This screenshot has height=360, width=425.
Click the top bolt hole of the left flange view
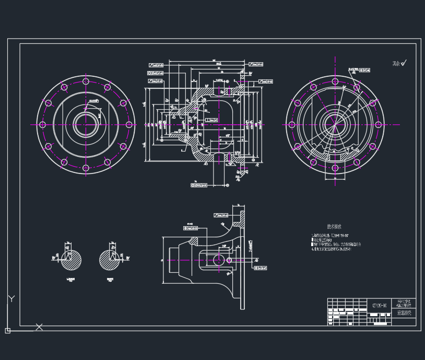click(86, 82)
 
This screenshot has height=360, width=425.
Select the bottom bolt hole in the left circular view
click(86, 168)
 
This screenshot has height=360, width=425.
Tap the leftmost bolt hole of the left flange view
click(43, 125)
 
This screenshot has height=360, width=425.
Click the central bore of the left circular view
click(86, 125)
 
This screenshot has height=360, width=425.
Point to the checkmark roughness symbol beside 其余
click(404, 63)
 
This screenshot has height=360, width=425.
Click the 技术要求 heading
click(334, 227)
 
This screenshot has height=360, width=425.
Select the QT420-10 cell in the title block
click(380, 305)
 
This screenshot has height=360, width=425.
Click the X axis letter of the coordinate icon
click(39, 327)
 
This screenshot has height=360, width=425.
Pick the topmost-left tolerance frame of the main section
click(156, 65)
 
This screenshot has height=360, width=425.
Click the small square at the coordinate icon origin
click(7, 330)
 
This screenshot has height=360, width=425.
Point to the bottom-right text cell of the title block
click(404, 313)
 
